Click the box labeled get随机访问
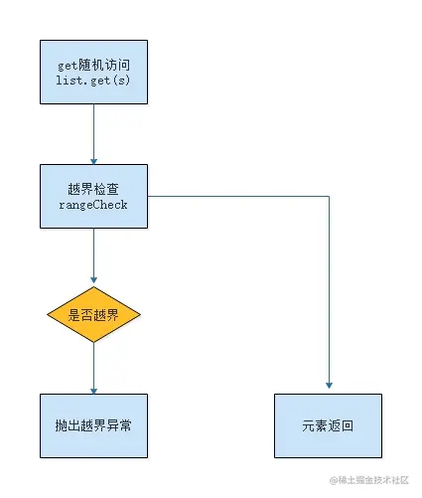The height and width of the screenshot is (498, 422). click(93, 72)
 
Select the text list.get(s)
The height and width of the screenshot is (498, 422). click(93, 81)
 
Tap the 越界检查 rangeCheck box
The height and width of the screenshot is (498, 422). click(93, 197)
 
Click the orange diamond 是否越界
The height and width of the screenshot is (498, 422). click(93, 316)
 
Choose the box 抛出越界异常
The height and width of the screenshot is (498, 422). click(93, 425)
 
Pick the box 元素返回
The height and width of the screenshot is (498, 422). click(328, 425)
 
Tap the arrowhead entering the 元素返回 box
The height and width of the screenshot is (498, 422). click(328, 387)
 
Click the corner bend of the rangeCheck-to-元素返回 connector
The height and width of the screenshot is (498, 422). click(328, 197)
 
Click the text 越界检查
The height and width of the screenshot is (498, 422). click(93, 188)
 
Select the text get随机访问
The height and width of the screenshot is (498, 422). click(93, 65)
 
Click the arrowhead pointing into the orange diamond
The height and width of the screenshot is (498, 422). click(93, 282)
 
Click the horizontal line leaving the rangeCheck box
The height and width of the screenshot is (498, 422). click(238, 197)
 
